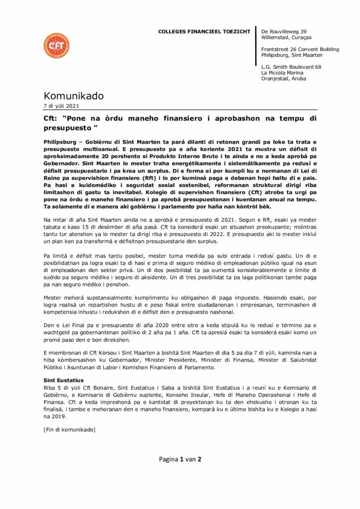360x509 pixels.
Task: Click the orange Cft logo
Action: click(x=56, y=46)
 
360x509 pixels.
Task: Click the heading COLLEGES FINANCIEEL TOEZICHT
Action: click(x=204, y=31)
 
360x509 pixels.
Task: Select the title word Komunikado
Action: click(x=74, y=95)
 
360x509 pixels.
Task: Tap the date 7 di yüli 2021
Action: click(x=61, y=106)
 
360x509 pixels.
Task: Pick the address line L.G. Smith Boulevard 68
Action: click(x=291, y=67)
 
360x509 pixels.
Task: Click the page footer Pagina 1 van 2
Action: click(x=180, y=459)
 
